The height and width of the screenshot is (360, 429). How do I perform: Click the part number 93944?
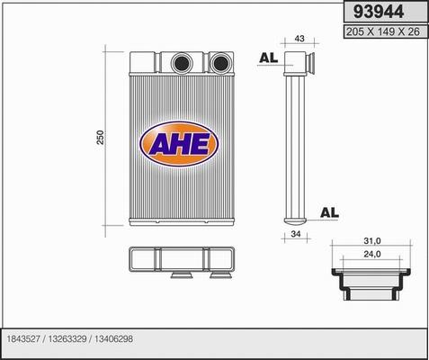[379, 12]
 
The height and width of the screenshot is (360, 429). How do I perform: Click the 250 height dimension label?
[101, 138]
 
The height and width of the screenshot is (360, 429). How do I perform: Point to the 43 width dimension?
[299, 40]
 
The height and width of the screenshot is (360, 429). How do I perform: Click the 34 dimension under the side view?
[294, 236]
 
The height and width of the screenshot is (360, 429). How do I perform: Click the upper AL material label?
[266, 58]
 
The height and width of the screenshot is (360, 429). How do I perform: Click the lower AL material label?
[329, 212]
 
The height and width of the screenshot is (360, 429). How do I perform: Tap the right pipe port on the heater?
[219, 63]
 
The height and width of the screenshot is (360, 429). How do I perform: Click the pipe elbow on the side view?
[299, 65]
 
